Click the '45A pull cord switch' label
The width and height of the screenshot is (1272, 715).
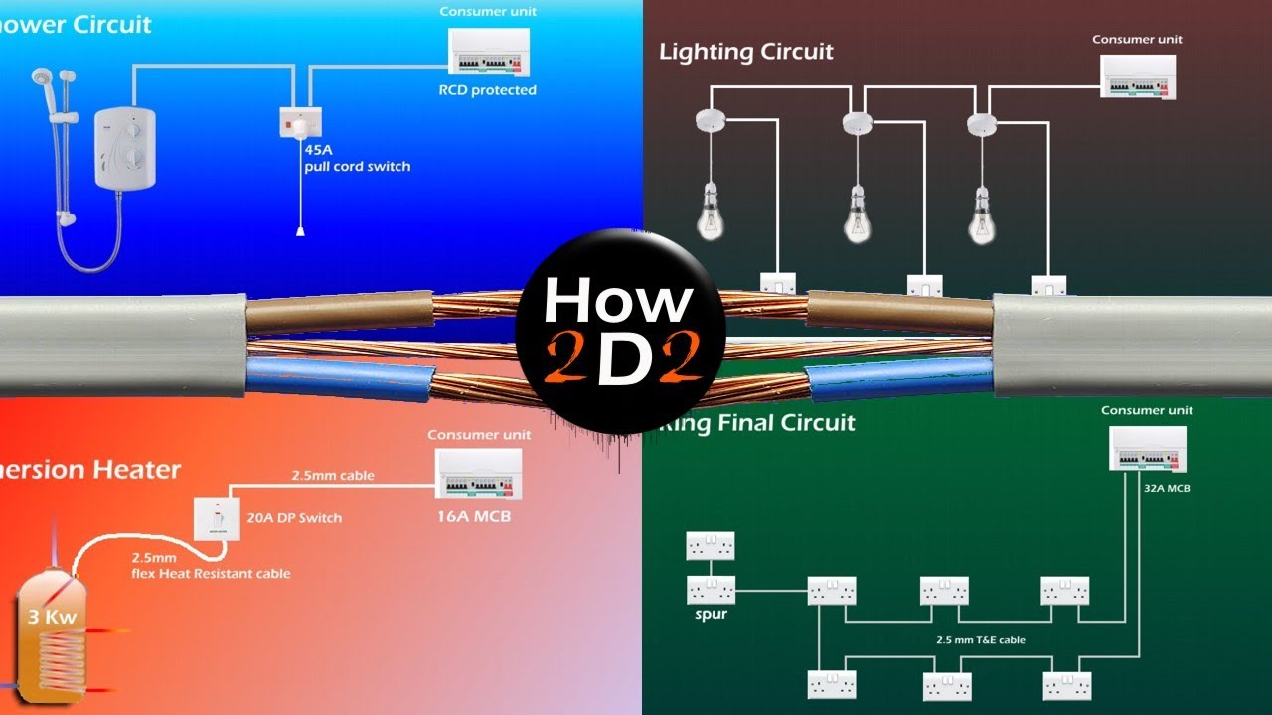coord(357,157)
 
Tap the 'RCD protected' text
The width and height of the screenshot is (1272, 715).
coord(487,90)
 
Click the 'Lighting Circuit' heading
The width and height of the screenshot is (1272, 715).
coord(746,52)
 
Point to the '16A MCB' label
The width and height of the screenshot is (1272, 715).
coord(474,516)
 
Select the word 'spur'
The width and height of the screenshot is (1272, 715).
coord(711,614)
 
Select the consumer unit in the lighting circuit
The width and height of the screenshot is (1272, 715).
coord(1138,76)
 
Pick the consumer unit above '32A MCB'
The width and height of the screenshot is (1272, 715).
coord(1147,449)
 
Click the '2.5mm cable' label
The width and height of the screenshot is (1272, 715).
coord(332,476)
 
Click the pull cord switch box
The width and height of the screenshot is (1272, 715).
coord(300,122)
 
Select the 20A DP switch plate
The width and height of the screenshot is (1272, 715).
coord(216,517)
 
